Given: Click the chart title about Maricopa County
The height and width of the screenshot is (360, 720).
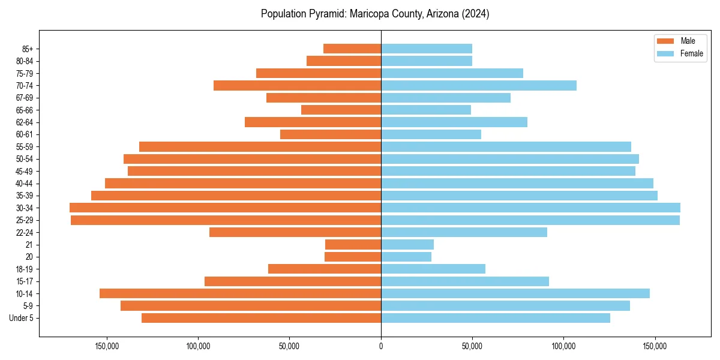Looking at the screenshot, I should (x=375, y=14).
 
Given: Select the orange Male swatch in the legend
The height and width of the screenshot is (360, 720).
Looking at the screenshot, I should (x=665, y=41).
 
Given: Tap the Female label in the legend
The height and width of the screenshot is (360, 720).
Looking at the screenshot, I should (x=691, y=53).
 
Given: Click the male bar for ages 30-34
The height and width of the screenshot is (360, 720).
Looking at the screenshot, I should (x=225, y=208).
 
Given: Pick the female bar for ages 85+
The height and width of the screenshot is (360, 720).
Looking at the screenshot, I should (x=427, y=49).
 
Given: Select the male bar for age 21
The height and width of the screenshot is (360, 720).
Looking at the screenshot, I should (x=353, y=245).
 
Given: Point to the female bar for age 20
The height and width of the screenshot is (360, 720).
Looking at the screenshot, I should (x=406, y=257).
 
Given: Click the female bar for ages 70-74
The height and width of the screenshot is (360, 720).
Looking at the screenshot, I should (x=479, y=85).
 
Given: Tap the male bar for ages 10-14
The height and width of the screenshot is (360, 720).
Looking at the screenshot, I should (x=240, y=293).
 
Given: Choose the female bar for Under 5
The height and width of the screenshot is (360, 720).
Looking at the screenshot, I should (x=496, y=318).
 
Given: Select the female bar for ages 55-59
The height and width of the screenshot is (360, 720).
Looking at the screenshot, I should (x=506, y=146).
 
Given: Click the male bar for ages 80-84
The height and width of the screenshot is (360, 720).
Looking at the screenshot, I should (x=344, y=61).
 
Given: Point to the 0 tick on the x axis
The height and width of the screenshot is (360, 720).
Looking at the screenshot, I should (x=381, y=346).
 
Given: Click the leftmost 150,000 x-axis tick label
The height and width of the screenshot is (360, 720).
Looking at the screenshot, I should (x=107, y=346).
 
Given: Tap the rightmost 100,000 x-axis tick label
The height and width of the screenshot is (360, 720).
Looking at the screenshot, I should (x=563, y=346).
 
